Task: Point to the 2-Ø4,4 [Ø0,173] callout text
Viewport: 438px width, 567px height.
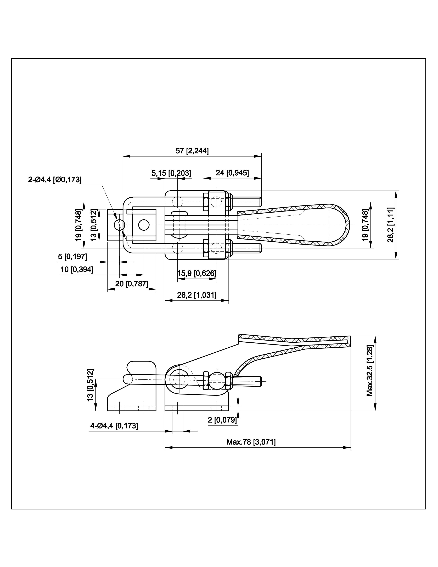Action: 55,180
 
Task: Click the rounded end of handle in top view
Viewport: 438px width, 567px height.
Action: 346,225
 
